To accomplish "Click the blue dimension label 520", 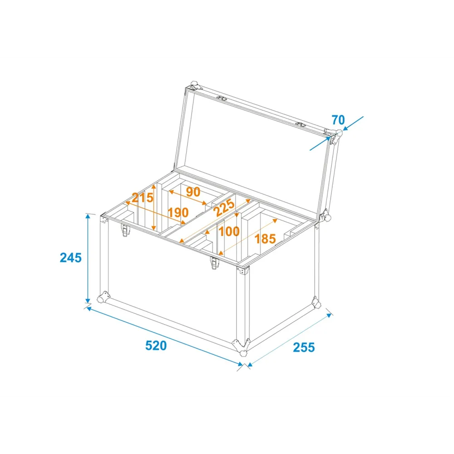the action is [156, 345].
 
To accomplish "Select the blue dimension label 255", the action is [304, 347].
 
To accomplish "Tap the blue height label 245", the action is [71, 258].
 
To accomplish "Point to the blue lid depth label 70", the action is [338, 119].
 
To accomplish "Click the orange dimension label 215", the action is [143, 198].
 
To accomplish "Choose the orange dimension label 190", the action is [178, 213].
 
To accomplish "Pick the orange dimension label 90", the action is [193, 192].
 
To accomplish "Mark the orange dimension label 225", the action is [224, 207].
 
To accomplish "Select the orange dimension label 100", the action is [229, 232].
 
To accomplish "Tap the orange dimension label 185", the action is [265, 239].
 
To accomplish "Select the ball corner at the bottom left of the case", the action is [104, 297].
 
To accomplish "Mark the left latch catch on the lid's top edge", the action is [222, 98].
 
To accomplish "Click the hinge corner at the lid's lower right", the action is [325, 216].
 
